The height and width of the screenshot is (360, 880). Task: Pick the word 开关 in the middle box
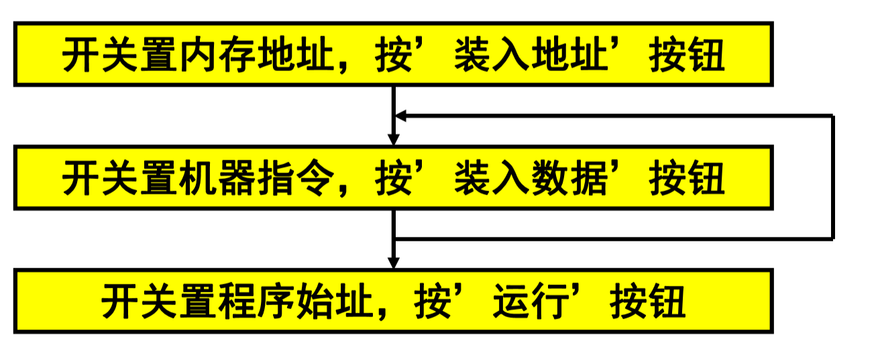click(101, 180)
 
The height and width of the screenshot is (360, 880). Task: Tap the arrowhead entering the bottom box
click(394, 262)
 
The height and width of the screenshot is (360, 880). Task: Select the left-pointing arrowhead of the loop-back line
click(400, 116)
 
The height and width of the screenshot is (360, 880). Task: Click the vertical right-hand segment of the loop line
click(832, 178)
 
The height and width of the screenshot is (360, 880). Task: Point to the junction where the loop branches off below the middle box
click(394, 238)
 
